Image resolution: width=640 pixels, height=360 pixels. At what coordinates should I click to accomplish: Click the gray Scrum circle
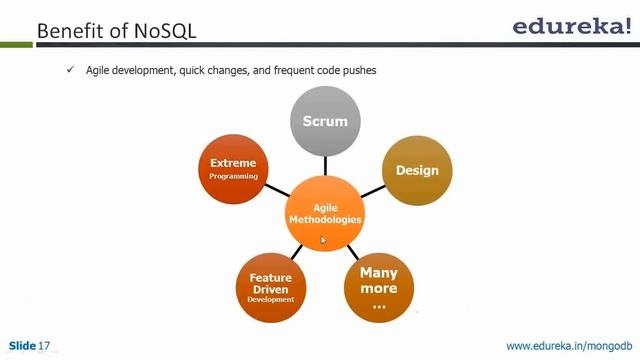(x=324, y=122)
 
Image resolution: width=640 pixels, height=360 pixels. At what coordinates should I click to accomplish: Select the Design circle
(x=417, y=170)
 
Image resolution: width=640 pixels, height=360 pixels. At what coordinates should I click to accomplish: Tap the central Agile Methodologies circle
(x=324, y=211)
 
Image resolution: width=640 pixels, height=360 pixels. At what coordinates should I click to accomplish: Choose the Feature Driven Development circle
(x=271, y=288)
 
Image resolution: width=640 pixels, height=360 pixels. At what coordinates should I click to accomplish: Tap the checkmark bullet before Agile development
(x=71, y=70)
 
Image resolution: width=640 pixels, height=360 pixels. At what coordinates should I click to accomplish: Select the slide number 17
(x=44, y=346)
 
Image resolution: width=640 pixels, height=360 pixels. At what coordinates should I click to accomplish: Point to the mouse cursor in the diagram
(x=322, y=240)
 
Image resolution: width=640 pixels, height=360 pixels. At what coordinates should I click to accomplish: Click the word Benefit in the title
(x=69, y=31)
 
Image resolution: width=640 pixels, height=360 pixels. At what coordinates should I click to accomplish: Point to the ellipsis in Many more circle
(x=378, y=305)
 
